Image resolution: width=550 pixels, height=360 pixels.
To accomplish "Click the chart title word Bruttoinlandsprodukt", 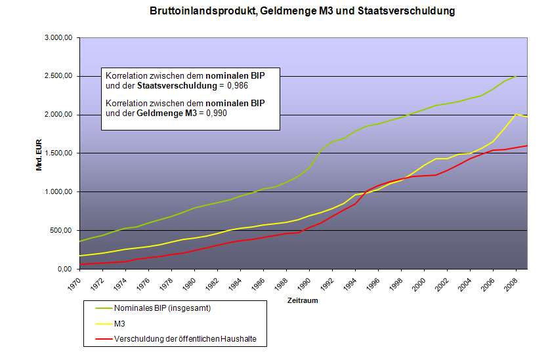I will (198, 11).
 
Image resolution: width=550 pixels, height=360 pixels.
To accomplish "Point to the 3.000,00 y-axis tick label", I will (57, 38).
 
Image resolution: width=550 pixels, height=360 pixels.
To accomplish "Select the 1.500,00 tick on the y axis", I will (57, 153).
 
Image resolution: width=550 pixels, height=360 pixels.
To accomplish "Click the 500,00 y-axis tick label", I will (60, 231).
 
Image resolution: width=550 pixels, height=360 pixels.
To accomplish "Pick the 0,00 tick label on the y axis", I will (64, 269).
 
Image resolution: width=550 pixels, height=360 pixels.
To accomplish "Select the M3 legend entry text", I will (119, 323).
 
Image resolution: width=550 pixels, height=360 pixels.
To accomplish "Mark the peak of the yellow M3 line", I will (517, 114).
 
